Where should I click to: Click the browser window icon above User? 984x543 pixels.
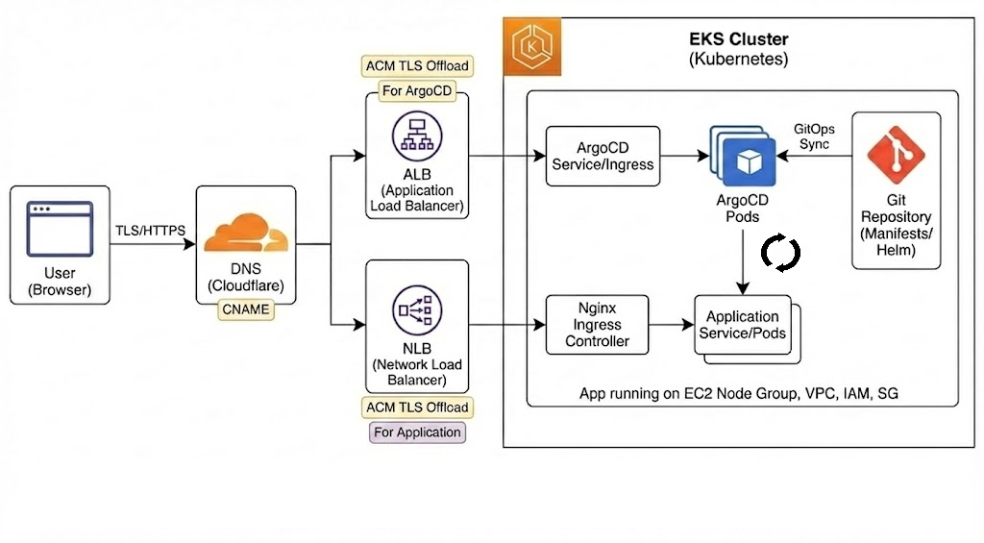(x=60, y=227)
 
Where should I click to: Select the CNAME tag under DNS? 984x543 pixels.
(x=245, y=309)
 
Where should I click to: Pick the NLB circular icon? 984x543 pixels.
(x=417, y=310)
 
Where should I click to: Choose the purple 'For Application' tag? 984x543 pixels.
(x=418, y=432)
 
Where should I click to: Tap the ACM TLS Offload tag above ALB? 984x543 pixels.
(x=418, y=66)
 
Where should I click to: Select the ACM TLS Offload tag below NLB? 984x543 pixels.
(x=418, y=407)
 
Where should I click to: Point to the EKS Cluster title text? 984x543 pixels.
(x=738, y=40)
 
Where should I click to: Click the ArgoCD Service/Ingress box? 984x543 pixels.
(x=603, y=156)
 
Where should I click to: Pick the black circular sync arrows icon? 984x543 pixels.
(x=780, y=253)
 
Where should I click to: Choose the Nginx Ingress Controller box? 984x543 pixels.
(x=597, y=325)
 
